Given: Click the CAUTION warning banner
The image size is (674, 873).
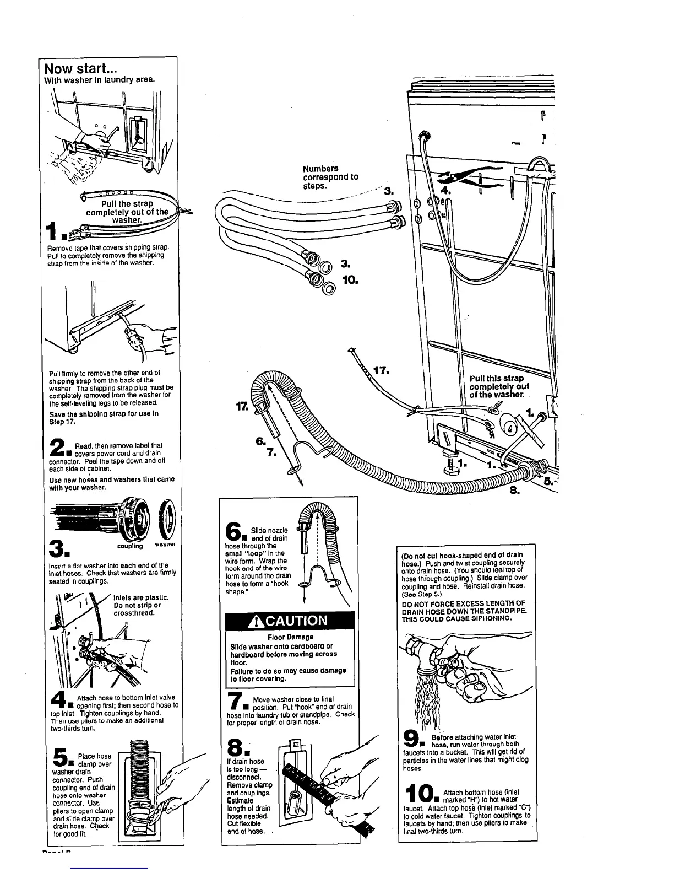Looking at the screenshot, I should (288, 620).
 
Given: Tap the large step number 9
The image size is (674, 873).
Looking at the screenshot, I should (412, 738).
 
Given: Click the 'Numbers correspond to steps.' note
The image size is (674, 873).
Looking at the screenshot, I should (330, 176).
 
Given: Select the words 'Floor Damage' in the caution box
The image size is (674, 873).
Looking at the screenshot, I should (287, 637).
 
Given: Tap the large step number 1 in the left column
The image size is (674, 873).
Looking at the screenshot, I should (57, 233).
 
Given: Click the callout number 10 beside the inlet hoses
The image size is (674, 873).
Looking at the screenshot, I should (350, 280).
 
